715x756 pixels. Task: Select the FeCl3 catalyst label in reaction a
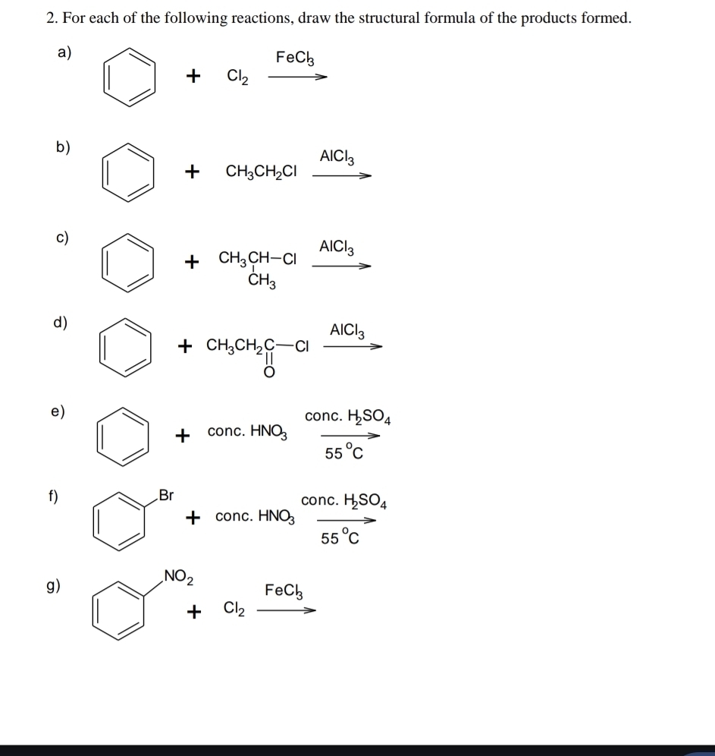point(295,58)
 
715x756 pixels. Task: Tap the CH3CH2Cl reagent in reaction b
point(261,172)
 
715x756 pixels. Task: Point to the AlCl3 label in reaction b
point(337,156)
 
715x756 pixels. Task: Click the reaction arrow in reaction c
point(341,266)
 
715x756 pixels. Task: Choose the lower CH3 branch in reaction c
point(262,280)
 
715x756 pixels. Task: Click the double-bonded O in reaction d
point(269,372)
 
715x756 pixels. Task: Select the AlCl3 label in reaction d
point(347,331)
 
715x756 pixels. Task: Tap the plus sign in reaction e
point(183,436)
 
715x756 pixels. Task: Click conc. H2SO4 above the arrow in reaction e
point(347,416)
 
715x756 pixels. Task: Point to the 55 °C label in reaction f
point(340,537)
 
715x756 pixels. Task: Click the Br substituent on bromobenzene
point(166,495)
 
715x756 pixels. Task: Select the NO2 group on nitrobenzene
point(179,577)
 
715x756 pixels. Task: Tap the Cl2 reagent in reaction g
point(234,609)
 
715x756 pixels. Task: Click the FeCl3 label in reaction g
point(284,591)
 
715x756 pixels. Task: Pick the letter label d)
point(60,322)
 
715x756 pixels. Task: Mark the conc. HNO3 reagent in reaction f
point(256,516)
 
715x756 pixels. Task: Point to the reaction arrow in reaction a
point(297,77)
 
